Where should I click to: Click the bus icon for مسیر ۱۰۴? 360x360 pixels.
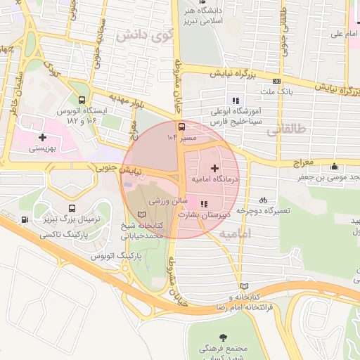(182, 127)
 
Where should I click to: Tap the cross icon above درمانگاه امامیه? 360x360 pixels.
(214, 168)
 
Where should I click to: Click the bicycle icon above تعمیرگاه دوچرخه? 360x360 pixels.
(263, 199)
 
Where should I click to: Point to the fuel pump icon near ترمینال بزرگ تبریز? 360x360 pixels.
(25, 220)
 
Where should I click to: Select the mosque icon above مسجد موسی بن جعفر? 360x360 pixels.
(334, 167)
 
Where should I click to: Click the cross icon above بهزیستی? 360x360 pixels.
(42, 137)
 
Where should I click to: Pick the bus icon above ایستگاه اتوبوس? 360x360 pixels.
(83, 100)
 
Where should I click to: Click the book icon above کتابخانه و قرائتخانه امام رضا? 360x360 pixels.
(244, 286)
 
